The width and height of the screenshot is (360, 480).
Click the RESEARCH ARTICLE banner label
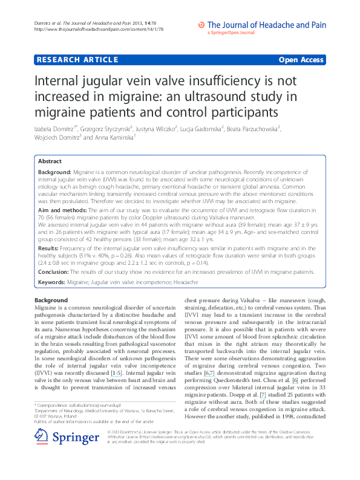click(77, 60)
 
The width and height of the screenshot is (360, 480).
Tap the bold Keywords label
click(53, 282)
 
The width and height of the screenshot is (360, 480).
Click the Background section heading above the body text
click(51, 300)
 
